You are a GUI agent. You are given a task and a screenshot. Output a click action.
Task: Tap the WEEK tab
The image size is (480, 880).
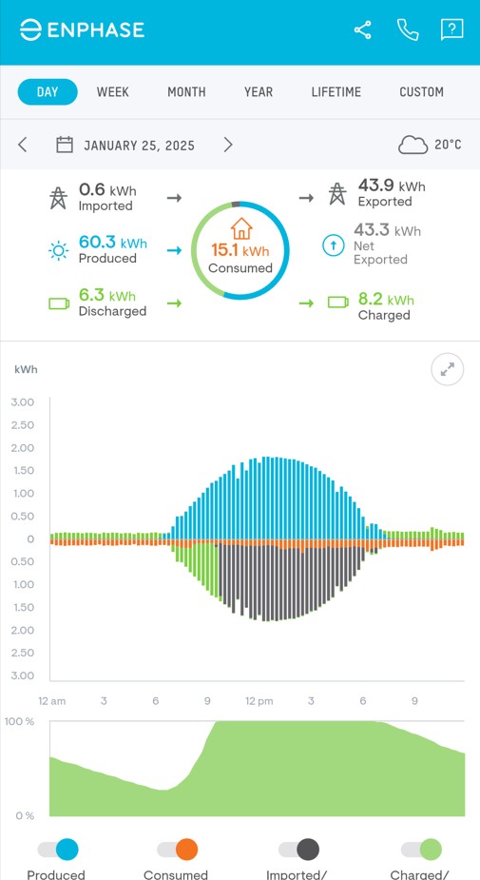pos(112,92)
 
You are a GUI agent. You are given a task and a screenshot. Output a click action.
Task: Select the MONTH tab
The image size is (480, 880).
pos(186,92)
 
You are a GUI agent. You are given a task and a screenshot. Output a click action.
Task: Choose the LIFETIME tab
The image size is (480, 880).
pos(336,92)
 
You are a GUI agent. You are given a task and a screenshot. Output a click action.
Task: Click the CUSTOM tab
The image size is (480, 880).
pos(421,92)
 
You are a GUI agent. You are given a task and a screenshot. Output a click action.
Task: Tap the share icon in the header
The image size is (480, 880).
pos(362,30)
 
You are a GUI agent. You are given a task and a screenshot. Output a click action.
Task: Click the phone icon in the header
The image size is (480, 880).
pos(408,30)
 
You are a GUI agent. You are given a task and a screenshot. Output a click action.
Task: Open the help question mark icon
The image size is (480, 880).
pos(451,30)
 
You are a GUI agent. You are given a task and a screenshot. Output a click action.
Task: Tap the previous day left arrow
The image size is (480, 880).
pos(23,145)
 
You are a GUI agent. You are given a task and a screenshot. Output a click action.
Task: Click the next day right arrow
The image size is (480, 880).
pos(228,145)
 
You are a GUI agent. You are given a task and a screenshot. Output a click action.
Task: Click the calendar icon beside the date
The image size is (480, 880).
pos(65,145)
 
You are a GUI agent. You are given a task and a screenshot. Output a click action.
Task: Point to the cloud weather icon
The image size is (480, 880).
pos(413,145)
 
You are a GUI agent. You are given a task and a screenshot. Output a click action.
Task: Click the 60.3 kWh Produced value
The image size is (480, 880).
pos(112,244)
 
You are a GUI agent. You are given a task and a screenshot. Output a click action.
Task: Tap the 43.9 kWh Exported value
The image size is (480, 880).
pos(391,186)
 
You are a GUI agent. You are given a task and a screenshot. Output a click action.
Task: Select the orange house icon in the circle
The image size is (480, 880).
pos(241,228)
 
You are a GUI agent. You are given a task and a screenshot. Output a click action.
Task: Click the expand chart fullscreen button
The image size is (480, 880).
pos(447,369)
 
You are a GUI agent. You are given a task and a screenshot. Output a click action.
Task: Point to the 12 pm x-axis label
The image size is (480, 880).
pos(259,701)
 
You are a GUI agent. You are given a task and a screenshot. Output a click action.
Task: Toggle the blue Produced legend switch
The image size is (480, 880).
pos(58,850)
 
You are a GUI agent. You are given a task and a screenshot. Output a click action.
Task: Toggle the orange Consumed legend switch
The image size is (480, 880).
pos(177,850)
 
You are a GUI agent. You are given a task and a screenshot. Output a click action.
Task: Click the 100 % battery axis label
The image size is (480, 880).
pos(19,722)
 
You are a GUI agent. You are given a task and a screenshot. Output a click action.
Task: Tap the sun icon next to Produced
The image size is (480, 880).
pos(59,251)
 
